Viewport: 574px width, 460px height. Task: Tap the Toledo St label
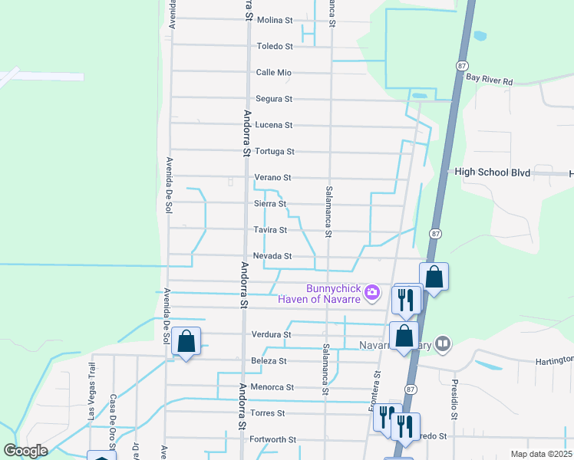coord(275,47)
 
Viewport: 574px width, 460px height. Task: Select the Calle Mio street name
coord(274,73)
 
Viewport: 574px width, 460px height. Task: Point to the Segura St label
coord(274,99)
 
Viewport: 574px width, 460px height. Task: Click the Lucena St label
coord(274,125)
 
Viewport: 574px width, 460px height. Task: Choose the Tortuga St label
coord(274,152)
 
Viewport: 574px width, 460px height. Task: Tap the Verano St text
coord(272,178)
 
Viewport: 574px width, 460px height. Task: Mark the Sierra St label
coord(270,204)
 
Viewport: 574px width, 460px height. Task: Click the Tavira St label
coord(270,230)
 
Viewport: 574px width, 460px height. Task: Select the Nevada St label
coord(272,256)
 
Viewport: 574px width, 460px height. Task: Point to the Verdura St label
coord(271,335)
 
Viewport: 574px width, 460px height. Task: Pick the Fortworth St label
coord(273,440)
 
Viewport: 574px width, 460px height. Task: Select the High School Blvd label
coord(492,173)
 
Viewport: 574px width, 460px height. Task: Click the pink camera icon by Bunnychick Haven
coord(372,291)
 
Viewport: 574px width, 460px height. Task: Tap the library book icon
coord(442,345)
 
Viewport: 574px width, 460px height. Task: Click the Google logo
coord(25,451)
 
